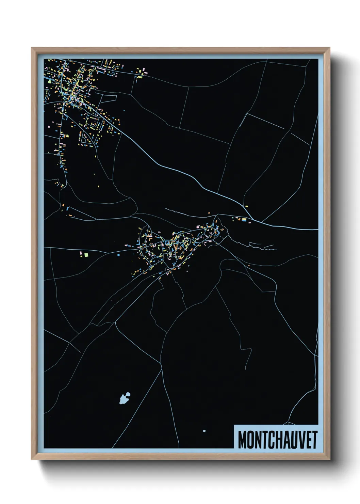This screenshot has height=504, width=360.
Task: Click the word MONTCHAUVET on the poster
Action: [277, 440]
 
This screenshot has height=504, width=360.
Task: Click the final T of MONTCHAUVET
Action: [314, 440]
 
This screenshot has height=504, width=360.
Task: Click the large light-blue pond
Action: [125, 398]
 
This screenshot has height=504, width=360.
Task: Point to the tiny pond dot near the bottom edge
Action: [204, 431]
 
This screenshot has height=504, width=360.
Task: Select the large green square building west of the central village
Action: [86, 254]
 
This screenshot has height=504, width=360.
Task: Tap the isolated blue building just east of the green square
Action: [118, 254]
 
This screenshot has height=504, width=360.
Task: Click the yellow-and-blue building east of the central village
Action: [244, 220]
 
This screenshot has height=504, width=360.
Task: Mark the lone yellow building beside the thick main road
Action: [246, 206]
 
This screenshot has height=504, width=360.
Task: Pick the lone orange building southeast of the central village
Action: [249, 266]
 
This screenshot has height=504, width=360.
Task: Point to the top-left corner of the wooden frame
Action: [32, 48]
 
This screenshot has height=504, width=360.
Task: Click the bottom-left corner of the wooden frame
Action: [32, 459]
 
